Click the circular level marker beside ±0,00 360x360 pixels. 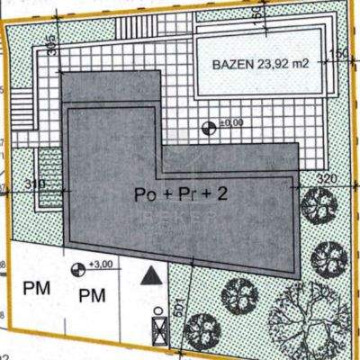211,127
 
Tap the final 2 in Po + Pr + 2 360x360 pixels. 220,193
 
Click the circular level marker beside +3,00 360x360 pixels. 77,267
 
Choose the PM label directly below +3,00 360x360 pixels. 92,295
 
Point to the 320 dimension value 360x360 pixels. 328,178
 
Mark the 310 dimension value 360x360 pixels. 35,184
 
